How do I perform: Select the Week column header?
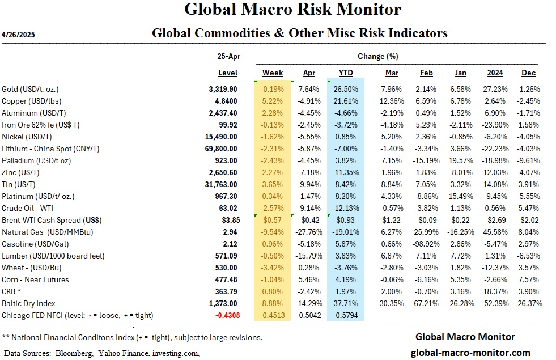point(273,73)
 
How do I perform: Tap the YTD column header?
point(346,73)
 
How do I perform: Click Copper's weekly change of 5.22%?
point(273,100)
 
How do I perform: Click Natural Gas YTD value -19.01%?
point(346,232)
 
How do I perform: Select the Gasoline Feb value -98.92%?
point(426,244)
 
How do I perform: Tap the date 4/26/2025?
point(19,34)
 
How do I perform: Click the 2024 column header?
point(495,73)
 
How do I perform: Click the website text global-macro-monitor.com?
point(470,353)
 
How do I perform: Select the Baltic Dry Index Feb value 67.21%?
point(426,303)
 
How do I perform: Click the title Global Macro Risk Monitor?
point(293,10)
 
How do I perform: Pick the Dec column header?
point(529,73)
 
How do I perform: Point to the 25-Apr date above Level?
point(228,57)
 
